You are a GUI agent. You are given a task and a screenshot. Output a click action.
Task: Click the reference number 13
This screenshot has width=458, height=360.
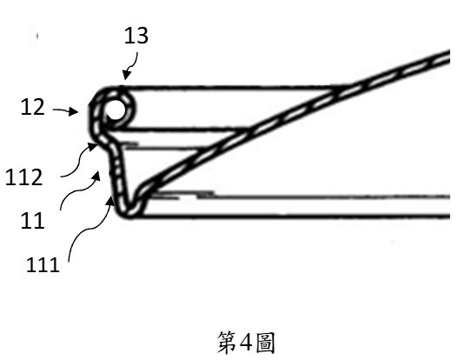[x=136, y=36]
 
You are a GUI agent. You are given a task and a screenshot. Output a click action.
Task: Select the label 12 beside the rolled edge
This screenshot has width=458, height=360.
[x=33, y=107]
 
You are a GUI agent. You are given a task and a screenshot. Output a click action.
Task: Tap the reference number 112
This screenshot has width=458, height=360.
[x=24, y=177]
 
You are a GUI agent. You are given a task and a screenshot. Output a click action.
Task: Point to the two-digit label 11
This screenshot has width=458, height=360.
[x=33, y=221]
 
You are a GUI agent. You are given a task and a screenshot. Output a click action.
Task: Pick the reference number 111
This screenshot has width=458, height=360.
[x=43, y=264]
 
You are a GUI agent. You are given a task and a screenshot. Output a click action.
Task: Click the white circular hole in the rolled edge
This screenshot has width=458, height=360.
[x=116, y=110]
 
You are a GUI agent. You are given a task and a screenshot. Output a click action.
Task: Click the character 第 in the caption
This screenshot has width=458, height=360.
[x=227, y=343]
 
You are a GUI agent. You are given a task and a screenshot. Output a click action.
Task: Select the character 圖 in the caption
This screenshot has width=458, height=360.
[x=265, y=343]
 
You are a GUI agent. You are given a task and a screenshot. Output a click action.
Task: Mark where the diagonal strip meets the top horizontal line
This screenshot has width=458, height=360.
[x=341, y=88]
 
